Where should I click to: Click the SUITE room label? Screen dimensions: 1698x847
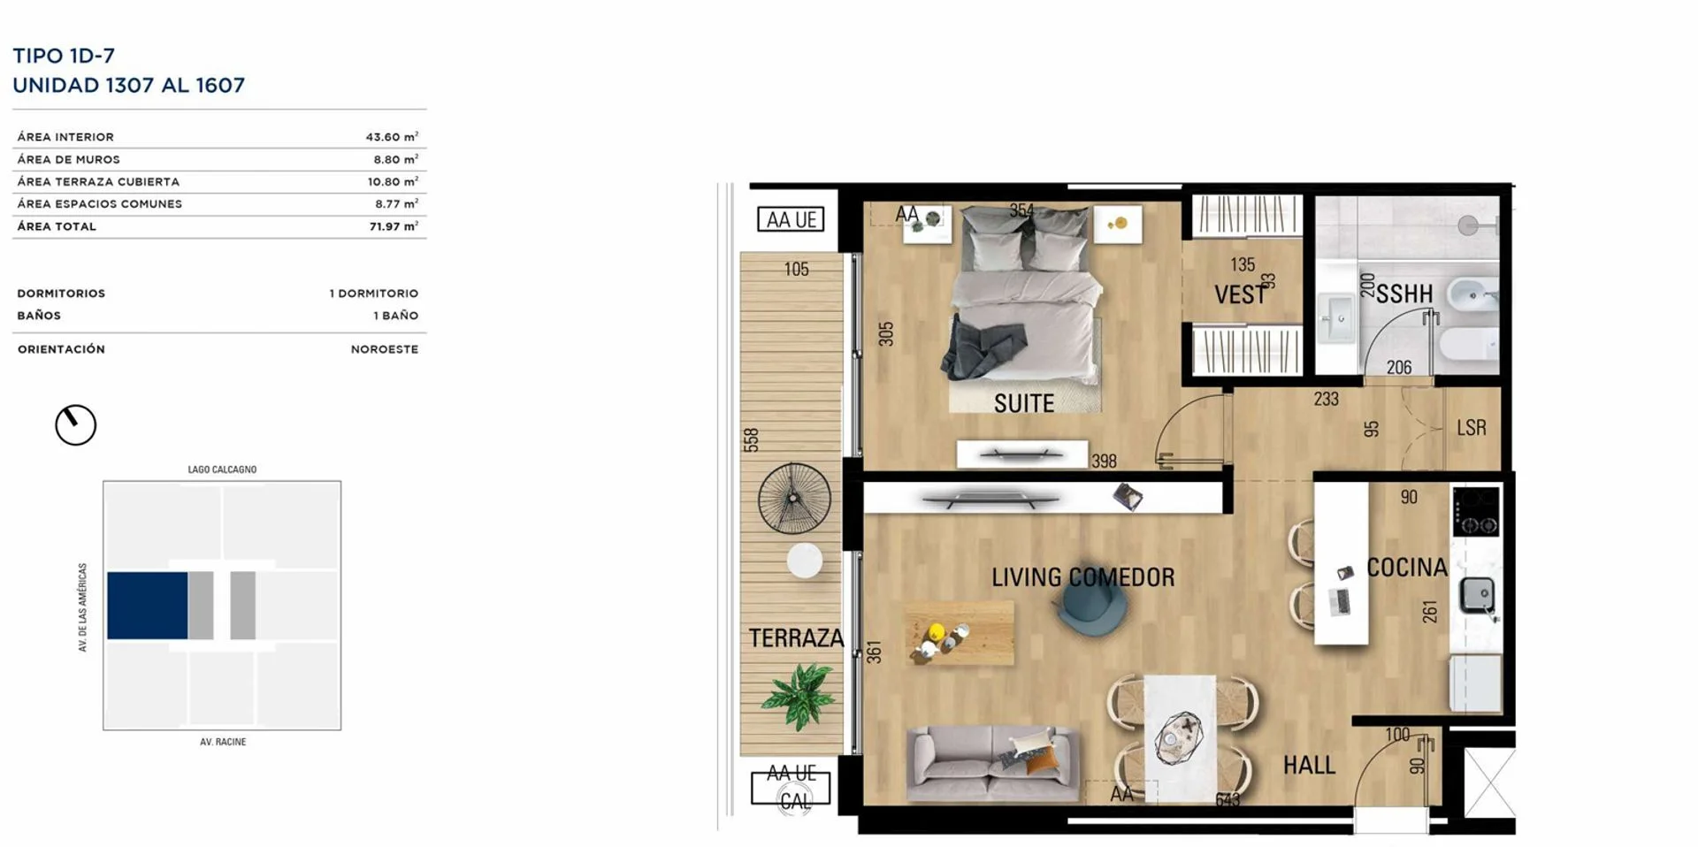(x=1024, y=404)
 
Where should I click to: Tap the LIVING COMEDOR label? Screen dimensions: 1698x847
(x=1082, y=577)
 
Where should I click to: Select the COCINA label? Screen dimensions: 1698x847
(x=1406, y=568)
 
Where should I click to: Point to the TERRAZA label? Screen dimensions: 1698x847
(x=796, y=637)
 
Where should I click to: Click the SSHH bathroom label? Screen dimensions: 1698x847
(x=1404, y=294)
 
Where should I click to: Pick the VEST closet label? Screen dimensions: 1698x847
(x=1241, y=295)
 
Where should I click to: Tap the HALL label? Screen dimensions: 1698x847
(x=1309, y=765)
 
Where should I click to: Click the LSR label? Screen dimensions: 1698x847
(x=1472, y=428)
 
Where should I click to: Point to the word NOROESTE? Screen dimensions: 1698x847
(x=385, y=349)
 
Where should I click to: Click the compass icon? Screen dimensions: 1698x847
(x=75, y=425)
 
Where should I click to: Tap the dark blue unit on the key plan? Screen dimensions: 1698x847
(x=147, y=606)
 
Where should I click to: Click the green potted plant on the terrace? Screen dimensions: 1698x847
(x=799, y=697)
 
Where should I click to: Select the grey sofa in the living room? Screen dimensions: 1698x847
(x=992, y=765)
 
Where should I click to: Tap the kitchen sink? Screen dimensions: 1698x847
(x=1475, y=594)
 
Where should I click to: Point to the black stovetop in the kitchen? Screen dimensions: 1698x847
(x=1476, y=512)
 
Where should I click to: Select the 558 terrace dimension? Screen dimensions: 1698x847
(x=752, y=440)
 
